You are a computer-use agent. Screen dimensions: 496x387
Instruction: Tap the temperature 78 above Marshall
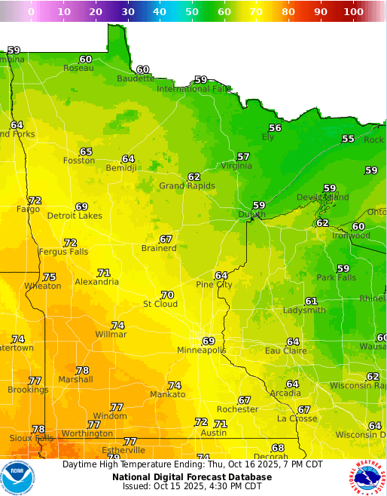pyautogui.click(x=82, y=370)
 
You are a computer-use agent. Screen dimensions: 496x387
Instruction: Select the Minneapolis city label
pyautogui.click(x=201, y=351)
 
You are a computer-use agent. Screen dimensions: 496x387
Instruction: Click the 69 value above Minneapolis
pyautogui.click(x=209, y=341)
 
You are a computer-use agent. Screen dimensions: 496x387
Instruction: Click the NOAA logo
pyautogui.click(x=18, y=477)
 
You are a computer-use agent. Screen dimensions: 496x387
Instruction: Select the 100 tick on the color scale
pyautogui.click(x=353, y=11)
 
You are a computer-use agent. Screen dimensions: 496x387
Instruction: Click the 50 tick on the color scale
pyautogui.click(x=192, y=11)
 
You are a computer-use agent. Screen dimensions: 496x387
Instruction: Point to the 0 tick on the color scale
pyautogui.click(x=31, y=11)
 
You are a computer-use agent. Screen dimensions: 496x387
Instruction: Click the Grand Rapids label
pyautogui.click(x=187, y=186)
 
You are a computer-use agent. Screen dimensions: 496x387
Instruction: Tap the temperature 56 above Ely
pyautogui.click(x=275, y=127)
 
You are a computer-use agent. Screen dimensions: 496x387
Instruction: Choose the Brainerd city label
pyautogui.click(x=159, y=248)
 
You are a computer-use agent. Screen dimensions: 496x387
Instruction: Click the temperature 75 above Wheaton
pyautogui.click(x=50, y=277)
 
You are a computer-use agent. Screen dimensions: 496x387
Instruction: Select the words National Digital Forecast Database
pyautogui.click(x=192, y=476)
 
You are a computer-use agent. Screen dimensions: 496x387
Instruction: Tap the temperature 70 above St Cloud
pyautogui.click(x=167, y=295)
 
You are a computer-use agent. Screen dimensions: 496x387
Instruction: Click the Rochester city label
pyautogui.click(x=237, y=409)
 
